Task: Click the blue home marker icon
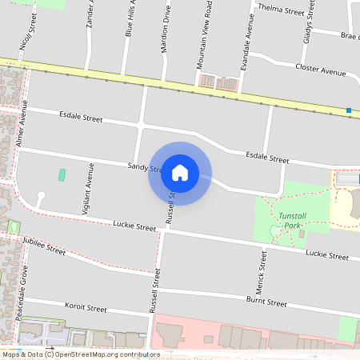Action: [x=179, y=173]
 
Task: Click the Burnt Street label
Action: [x=266, y=302]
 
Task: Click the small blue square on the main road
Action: [x=349, y=110]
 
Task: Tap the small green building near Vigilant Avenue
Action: [x=62, y=174]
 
